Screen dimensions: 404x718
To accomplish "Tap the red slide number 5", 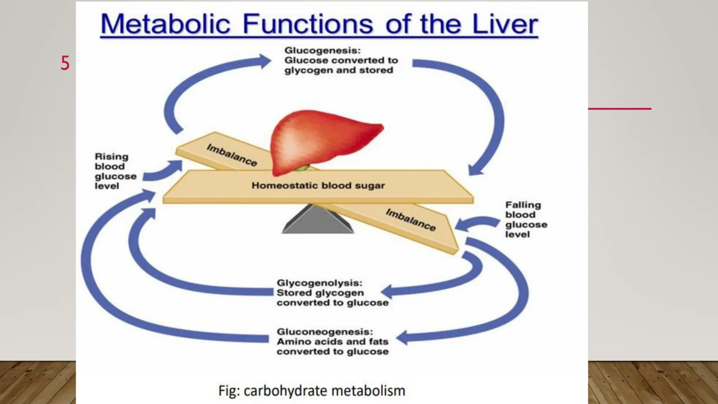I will (65, 63).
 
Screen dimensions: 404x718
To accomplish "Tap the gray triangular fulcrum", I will (317, 220).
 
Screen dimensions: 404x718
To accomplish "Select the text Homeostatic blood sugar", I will (318, 186).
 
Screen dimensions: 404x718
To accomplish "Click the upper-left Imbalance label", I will (232, 155).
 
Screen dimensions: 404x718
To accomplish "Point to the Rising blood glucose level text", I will (115, 171).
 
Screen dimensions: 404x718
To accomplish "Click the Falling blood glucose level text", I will (526, 220).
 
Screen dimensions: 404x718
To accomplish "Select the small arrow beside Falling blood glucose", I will (475, 223).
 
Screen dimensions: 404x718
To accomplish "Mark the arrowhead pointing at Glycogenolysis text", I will (387, 291).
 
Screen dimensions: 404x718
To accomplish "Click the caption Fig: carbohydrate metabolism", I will (312, 391).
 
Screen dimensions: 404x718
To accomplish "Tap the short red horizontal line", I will (619, 109).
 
